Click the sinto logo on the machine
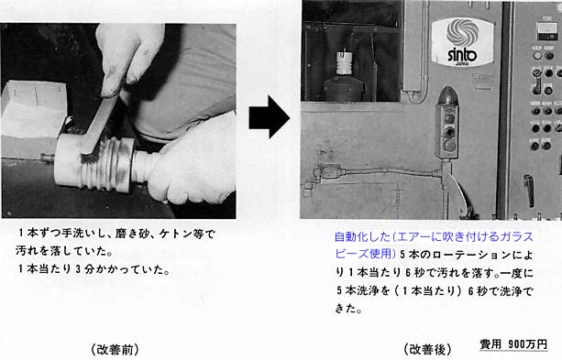point(462,41)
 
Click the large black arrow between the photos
point(270,116)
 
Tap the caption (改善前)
point(115,349)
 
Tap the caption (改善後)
point(427,349)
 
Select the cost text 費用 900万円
point(513,344)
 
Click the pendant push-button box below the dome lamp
point(446,132)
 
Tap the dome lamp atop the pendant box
point(446,96)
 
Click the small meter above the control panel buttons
point(547,31)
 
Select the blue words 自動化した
point(362,236)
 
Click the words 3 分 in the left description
point(84,269)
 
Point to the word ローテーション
point(472,255)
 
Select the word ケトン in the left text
point(174,234)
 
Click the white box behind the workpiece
point(34,109)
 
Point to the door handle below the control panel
point(529,191)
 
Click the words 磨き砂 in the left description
point(131,234)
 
